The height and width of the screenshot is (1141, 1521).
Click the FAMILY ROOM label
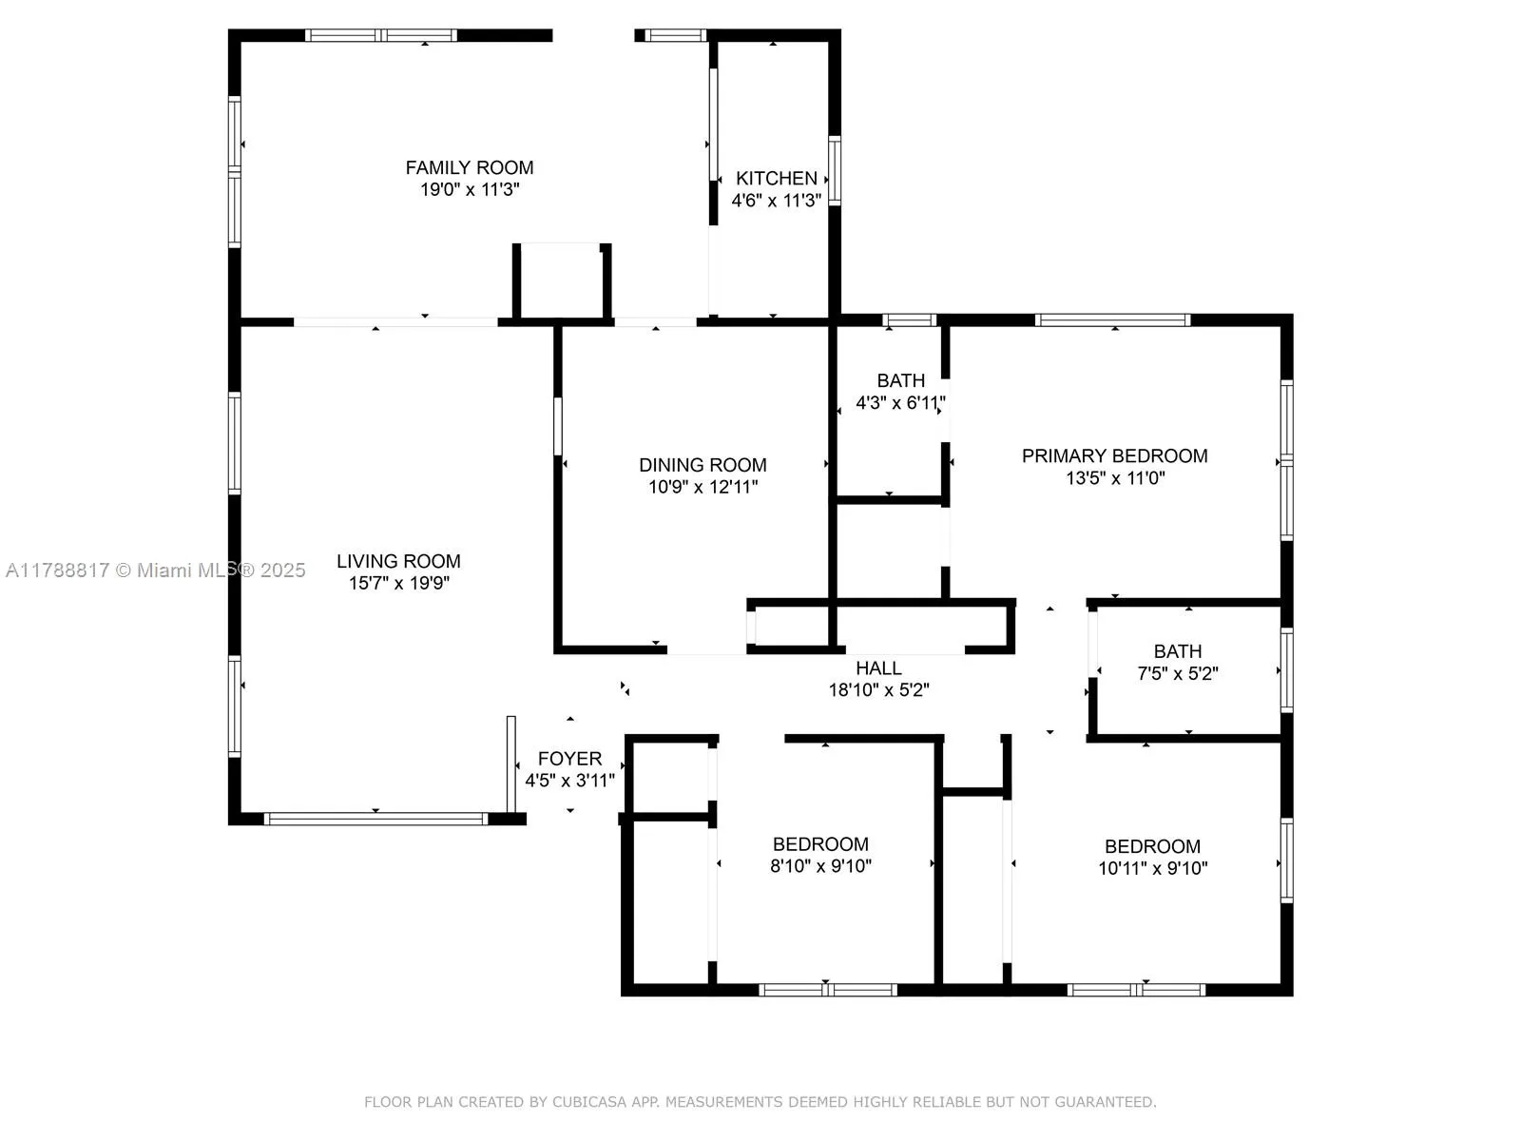pos(470,168)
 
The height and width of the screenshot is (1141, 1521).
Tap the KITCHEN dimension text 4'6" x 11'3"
pos(776,202)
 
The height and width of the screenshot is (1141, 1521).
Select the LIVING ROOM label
pos(398,561)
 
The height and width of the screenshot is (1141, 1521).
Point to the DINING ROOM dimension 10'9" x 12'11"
pos(703,488)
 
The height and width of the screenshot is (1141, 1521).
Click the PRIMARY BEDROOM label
pos(1114,455)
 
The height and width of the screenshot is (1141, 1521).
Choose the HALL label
pos(878,668)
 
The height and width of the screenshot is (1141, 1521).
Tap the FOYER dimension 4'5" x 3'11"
pos(570,781)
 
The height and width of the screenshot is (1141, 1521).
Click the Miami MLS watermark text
pos(156,570)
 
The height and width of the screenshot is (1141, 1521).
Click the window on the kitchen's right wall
pos(835,171)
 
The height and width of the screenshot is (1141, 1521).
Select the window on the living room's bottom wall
pos(375,818)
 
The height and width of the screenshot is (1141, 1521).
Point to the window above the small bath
pos(910,320)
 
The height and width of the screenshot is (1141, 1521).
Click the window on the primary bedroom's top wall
pos(1112,320)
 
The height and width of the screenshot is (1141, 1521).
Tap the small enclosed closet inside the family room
pos(562,280)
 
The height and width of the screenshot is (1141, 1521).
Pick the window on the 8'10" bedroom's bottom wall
pos(827,990)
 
